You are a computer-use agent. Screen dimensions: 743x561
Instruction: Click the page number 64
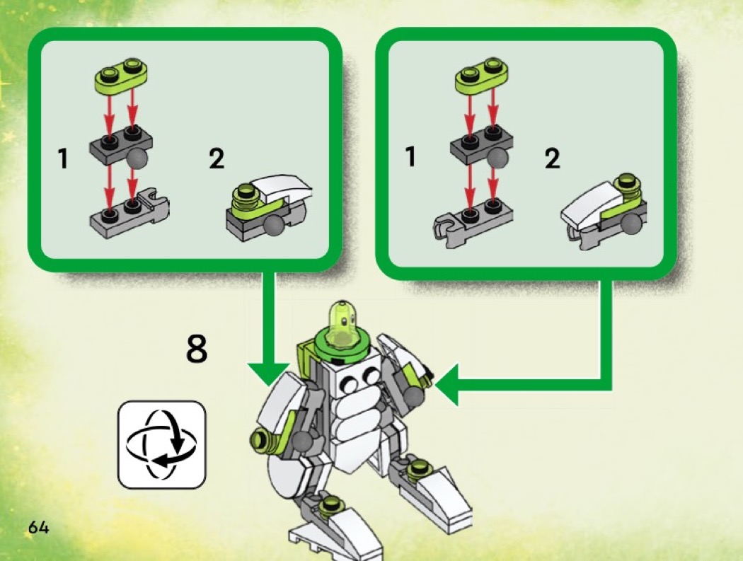click(38, 527)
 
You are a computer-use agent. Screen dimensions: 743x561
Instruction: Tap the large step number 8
click(197, 349)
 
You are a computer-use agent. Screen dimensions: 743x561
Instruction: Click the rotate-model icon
click(161, 444)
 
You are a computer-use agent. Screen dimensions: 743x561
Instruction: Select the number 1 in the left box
click(62, 158)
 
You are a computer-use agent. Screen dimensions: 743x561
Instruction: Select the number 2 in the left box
click(217, 158)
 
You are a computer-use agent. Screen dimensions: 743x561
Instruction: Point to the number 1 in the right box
click(410, 156)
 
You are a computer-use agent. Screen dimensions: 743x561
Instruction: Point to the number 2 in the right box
click(552, 158)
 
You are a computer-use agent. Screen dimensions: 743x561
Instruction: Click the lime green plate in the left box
click(122, 75)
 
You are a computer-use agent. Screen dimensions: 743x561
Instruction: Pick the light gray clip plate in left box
click(129, 214)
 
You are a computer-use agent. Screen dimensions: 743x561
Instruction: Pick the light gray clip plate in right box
click(472, 217)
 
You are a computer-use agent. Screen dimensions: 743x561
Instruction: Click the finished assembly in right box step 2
click(603, 209)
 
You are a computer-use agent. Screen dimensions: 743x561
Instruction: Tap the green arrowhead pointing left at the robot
click(447, 384)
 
